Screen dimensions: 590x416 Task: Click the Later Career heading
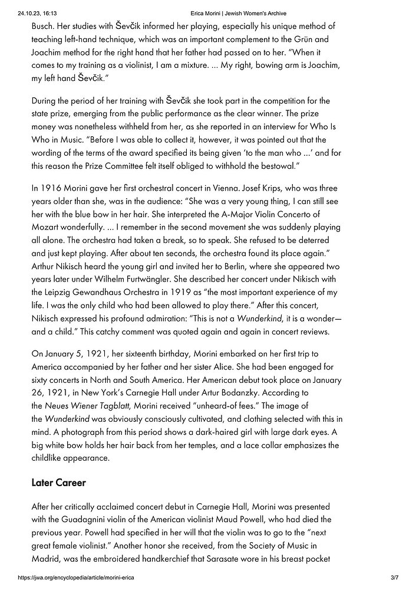tap(58, 483)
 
